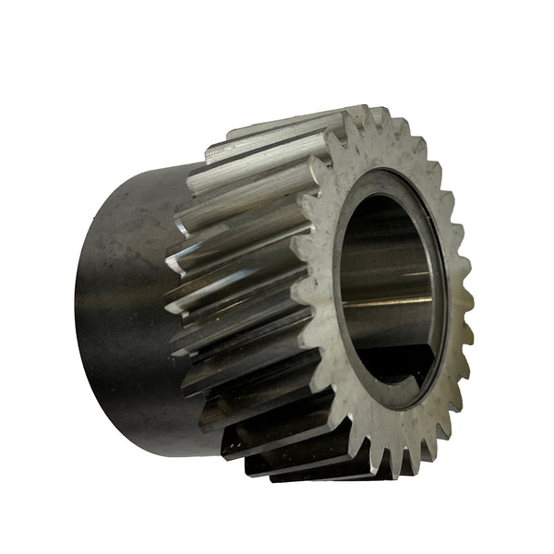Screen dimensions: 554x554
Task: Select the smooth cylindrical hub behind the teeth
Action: tap(120, 295)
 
